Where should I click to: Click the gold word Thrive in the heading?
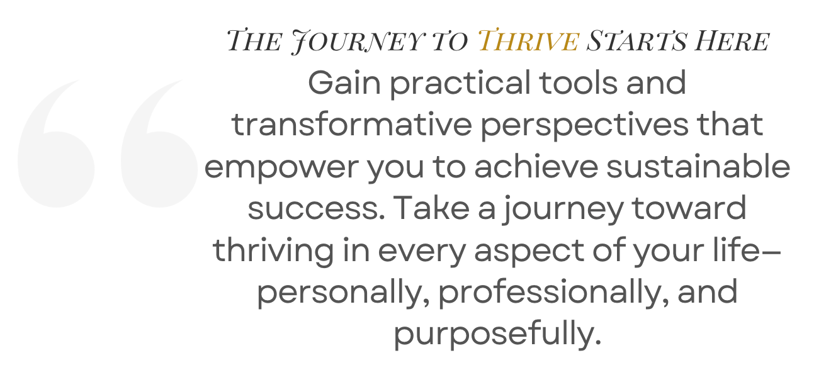point(528,40)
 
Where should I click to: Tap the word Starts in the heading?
point(637,40)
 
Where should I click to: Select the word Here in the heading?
point(732,40)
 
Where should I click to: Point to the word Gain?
point(344,82)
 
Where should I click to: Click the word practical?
point(460,84)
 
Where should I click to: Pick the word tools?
point(578,82)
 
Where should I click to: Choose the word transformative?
point(352,124)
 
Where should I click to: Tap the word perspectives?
point(584,126)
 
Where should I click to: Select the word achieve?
point(536,166)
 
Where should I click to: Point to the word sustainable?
point(698,166)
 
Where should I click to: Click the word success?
point(316,208)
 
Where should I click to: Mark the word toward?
point(689,208)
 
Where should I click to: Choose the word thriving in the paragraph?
point(273,251)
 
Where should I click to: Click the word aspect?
point(529,252)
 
